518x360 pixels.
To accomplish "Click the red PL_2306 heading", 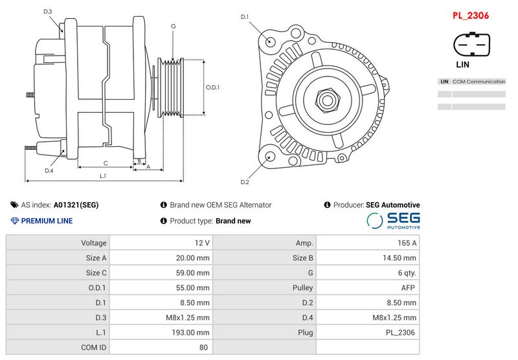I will tap(470, 15).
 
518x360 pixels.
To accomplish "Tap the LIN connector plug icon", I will tap(471, 45).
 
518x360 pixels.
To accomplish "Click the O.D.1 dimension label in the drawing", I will tap(212, 87).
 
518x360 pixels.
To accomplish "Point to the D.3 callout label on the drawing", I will tap(48, 12).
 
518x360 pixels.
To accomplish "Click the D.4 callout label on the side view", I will tap(49, 171).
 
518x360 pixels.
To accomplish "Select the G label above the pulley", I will tap(173, 26).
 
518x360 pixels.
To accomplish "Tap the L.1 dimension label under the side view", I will tap(103, 176).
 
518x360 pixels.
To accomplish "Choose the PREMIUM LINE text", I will tap(47, 221).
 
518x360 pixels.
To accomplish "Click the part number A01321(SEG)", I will tap(76, 205).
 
